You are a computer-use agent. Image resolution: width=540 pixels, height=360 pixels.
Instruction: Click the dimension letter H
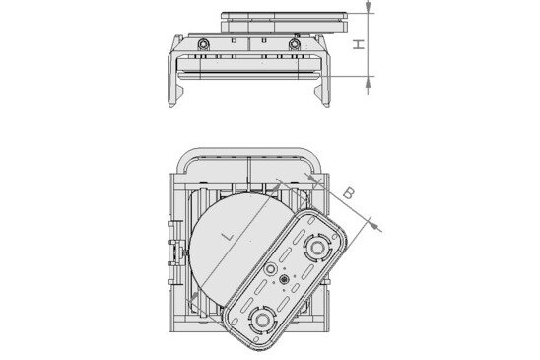click(x=360, y=43)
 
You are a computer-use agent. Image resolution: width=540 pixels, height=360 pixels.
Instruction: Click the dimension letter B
click(x=349, y=194)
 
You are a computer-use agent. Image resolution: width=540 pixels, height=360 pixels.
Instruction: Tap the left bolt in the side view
click(x=202, y=45)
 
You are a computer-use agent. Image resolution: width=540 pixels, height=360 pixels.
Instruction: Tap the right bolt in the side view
click(x=295, y=45)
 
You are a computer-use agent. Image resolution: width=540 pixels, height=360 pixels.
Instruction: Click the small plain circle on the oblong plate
click(x=271, y=269)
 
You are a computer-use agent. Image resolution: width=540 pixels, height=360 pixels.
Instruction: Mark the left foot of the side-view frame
click(x=177, y=95)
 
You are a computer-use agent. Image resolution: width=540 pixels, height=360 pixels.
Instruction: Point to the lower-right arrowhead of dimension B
click(x=378, y=226)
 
